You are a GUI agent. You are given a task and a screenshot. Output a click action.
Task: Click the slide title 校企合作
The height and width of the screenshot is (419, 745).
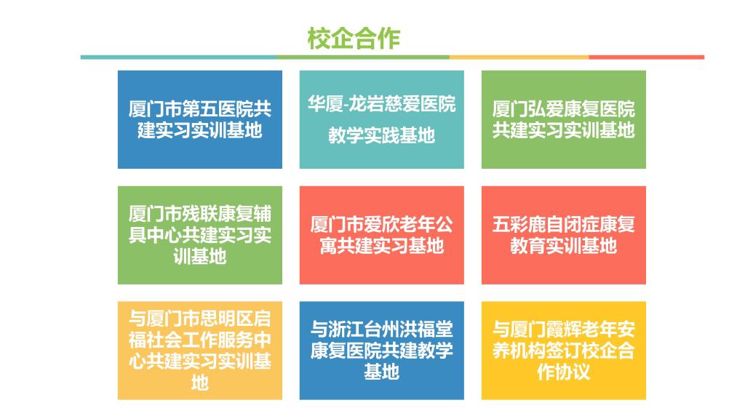pyautogui.click(x=354, y=39)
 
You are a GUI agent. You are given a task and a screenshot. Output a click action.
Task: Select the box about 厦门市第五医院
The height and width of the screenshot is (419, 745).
pyautogui.click(x=200, y=120)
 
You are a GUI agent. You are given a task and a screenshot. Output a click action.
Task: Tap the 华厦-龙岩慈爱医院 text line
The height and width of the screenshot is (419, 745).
pyautogui.click(x=381, y=104)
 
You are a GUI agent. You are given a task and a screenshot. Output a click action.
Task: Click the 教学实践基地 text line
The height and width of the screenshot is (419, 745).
pyautogui.click(x=381, y=135)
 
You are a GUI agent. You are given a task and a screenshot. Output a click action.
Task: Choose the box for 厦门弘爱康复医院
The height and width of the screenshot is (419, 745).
pyautogui.click(x=564, y=120)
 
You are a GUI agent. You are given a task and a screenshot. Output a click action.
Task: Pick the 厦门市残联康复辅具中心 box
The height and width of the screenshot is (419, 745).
pyautogui.click(x=200, y=235)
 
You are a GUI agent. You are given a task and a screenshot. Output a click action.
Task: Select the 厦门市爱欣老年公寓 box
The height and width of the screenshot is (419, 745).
pyautogui.click(x=381, y=235)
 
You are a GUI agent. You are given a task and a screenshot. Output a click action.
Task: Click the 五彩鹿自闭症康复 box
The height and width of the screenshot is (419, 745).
pyautogui.click(x=564, y=235)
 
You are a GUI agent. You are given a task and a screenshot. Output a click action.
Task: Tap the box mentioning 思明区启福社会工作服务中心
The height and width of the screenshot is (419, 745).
pyautogui.click(x=200, y=351)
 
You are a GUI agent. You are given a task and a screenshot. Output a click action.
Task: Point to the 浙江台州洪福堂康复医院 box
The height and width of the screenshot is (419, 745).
pyautogui.click(x=381, y=351)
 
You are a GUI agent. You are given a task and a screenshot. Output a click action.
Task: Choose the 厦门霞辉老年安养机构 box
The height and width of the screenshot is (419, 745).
pyautogui.click(x=564, y=351)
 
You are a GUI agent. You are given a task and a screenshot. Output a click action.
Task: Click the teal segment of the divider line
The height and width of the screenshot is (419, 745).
pyautogui.click(x=179, y=57)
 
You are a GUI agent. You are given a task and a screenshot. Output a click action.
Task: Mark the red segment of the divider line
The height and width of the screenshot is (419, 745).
pyautogui.click(x=647, y=57)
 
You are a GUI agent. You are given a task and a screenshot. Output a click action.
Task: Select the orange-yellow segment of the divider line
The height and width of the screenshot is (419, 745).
pyautogui.click(x=519, y=57)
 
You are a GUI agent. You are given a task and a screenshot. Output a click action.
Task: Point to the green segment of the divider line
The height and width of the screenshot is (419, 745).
pyautogui.click(x=363, y=57)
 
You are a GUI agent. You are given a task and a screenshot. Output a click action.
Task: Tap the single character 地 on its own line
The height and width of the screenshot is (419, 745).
pyautogui.click(x=200, y=383)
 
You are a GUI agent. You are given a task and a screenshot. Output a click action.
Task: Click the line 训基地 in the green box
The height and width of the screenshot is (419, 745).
pyautogui.click(x=200, y=257)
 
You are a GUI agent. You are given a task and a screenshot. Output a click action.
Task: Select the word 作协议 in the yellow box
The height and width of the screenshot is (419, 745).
pyautogui.click(x=564, y=372)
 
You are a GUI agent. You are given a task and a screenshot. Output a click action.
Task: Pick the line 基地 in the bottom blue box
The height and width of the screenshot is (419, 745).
pyautogui.click(x=381, y=372)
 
